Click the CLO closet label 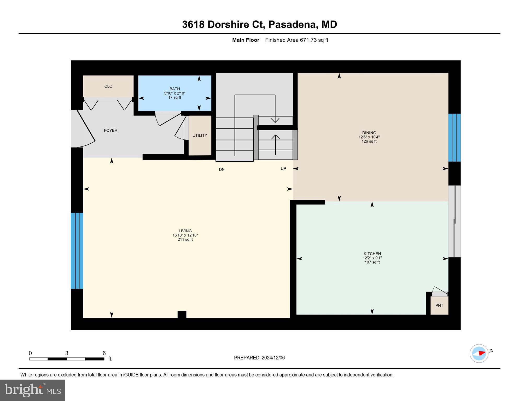coord(108,86)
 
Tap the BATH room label coord(174,89)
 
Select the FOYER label coord(110,130)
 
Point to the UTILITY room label coord(200,135)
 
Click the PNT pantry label coord(439,305)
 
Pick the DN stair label coord(221,170)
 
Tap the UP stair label coord(283,169)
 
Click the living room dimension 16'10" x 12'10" coord(185,235)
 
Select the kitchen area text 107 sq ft coord(372,262)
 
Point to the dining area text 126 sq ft coord(369,141)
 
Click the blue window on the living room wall coord(77,251)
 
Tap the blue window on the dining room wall coord(454,138)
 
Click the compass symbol coord(479,353)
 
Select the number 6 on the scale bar coord(104,353)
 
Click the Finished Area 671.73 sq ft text coord(296,40)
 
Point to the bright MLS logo coord(33,390)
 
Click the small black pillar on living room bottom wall coord(182,314)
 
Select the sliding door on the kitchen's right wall coord(454,221)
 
